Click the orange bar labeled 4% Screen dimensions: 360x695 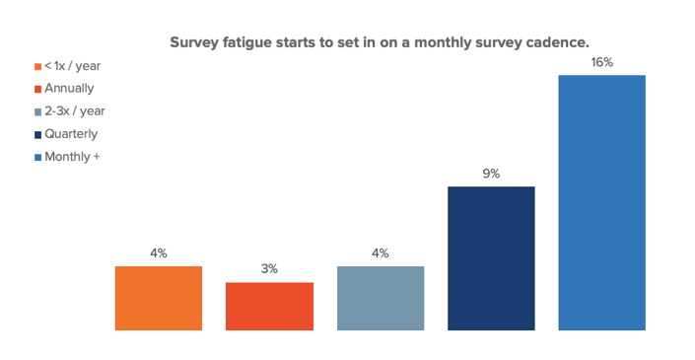point(158,298)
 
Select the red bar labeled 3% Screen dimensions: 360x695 point(269,306)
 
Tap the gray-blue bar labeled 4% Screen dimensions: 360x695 point(381,298)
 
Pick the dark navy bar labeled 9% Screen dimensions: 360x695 point(491,258)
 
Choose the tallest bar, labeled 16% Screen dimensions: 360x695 point(601,202)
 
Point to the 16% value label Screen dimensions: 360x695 point(602,62)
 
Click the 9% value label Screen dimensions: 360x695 point(491,174)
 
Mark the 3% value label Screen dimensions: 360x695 point(269,268)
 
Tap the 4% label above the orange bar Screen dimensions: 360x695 point(158,252)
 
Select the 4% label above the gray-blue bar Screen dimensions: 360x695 point(381,252)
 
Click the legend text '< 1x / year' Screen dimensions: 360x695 point(73,66)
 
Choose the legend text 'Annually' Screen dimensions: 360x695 point(70,89)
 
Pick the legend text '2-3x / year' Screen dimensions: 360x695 point(75,111)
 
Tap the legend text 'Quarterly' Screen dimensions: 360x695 point(71,134)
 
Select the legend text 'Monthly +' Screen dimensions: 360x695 point(72,157)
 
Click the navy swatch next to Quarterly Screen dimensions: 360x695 point(37,134)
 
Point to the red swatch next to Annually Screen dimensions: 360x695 point(37,89)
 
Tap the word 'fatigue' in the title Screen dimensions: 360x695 point(249,43)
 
